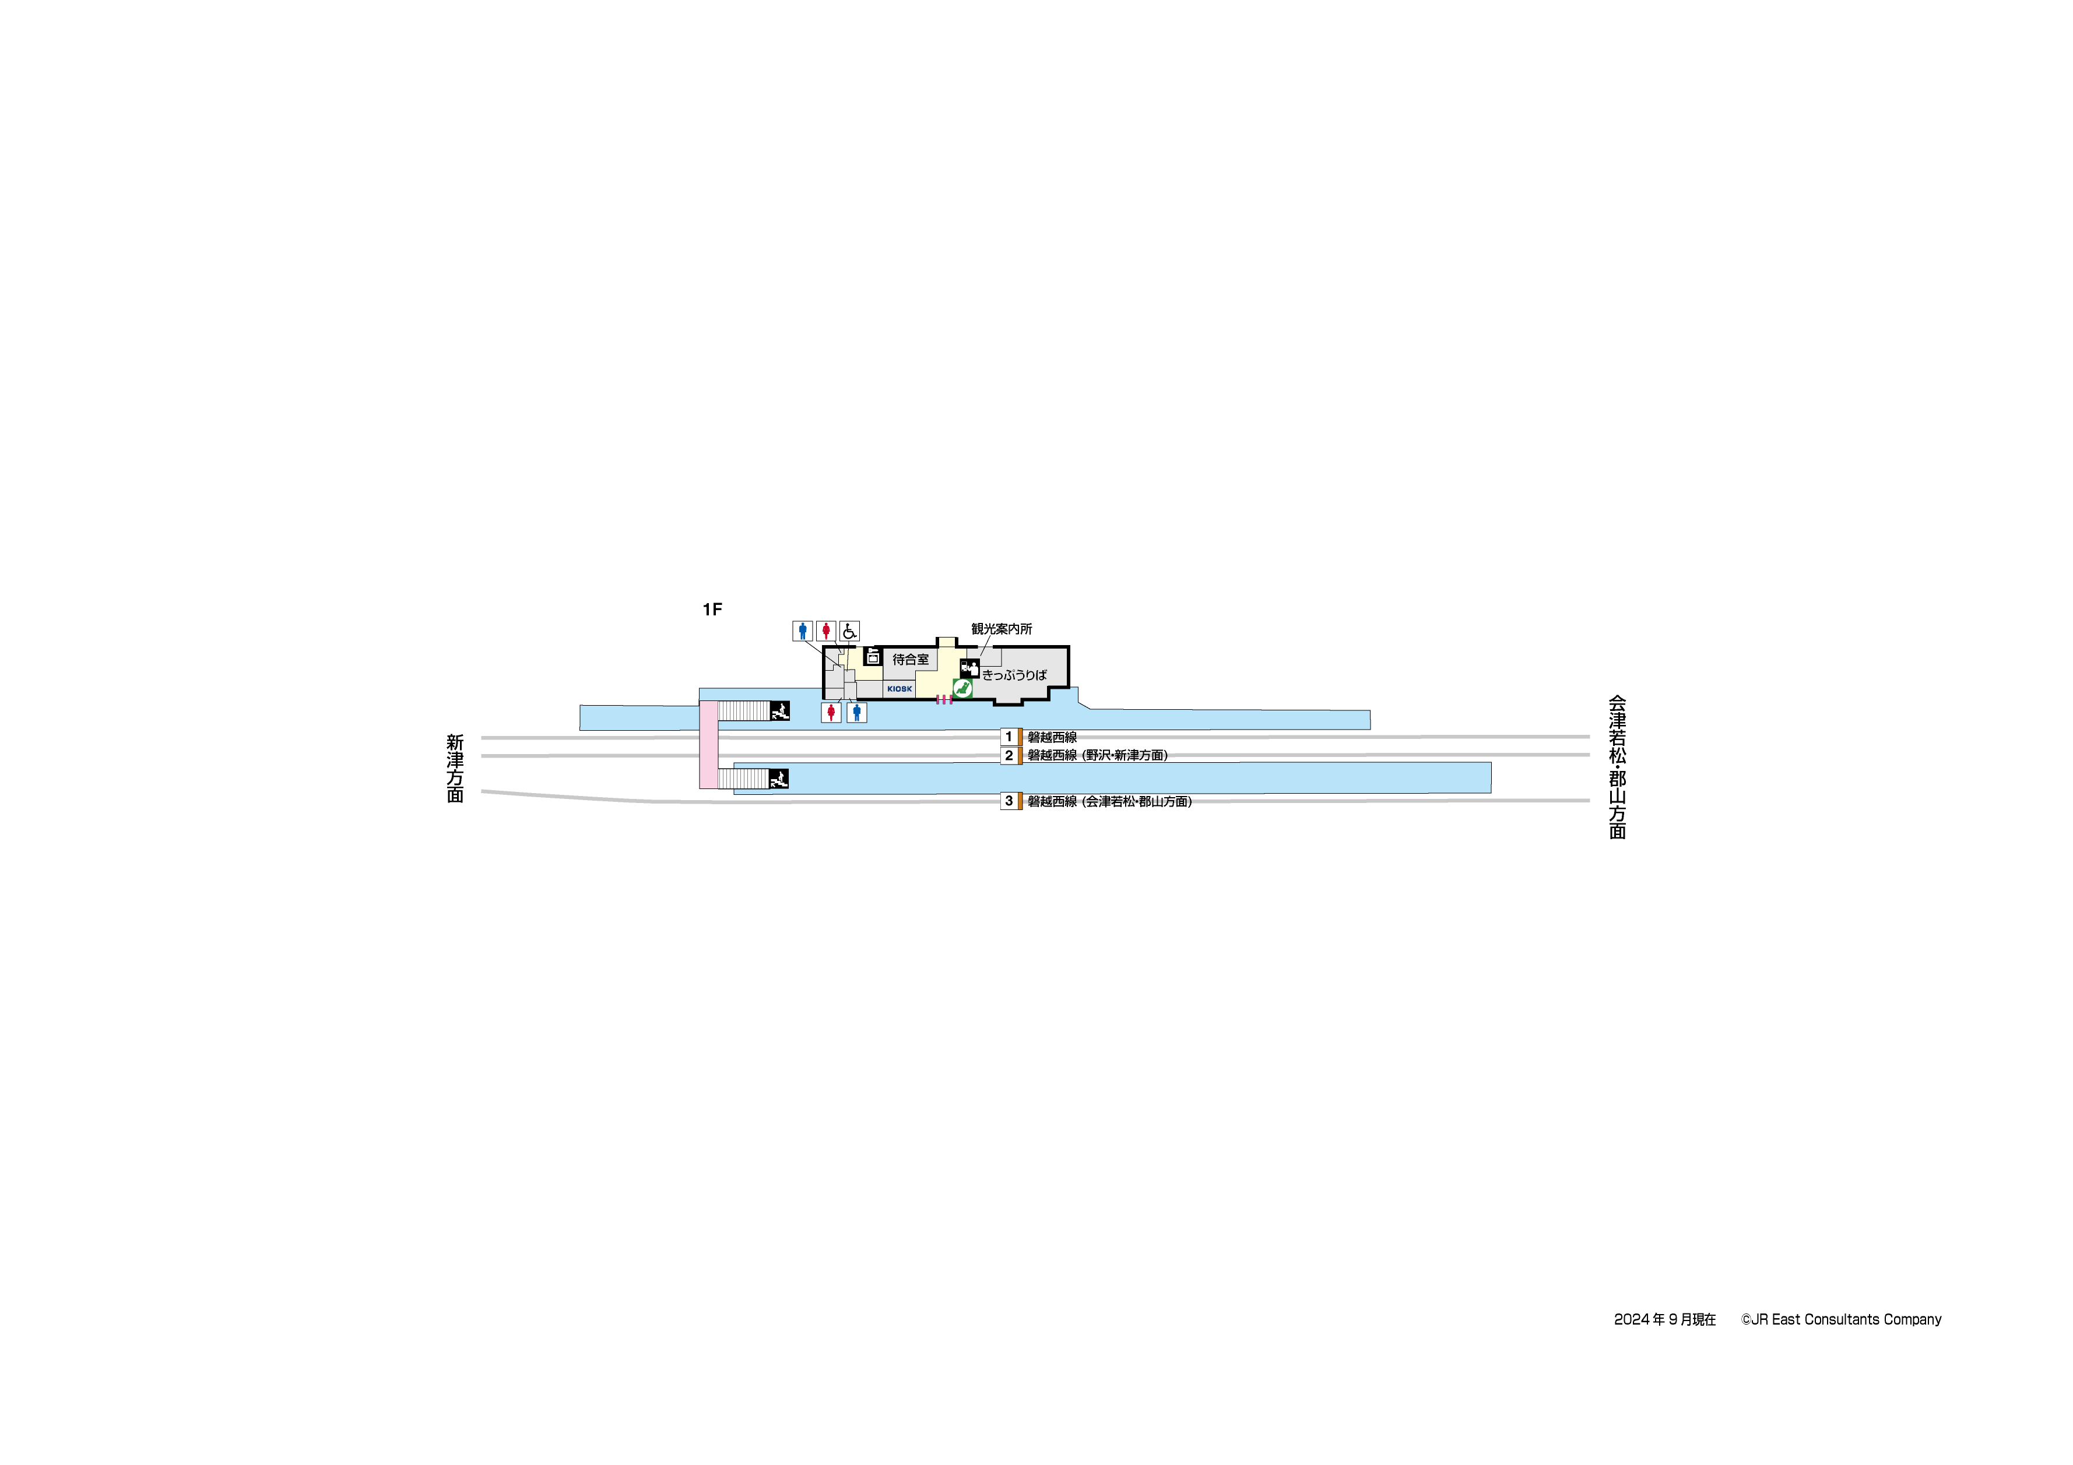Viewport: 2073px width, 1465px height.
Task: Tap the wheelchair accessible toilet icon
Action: [x=849, y=631]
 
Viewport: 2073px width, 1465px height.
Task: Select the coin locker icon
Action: [x=872, y=656]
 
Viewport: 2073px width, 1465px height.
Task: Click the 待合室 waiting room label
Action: [x=910, y=660]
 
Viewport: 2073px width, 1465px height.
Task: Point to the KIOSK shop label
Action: [x=900, y=689]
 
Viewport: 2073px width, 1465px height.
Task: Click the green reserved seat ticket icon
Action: [x=962, y=689]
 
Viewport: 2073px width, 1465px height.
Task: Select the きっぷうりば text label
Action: [x=1014, y=674]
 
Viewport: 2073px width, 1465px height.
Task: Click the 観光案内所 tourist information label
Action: [x=1002, y=629]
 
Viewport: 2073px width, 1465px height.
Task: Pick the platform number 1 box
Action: [x=1010, y=737]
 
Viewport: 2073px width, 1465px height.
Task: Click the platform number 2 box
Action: [x=1010, y=755]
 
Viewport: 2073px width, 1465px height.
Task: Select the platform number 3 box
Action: [x=1010, y=801]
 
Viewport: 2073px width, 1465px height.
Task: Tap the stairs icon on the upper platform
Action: [x=779, y=710]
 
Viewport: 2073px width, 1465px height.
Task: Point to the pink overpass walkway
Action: [x=709, y=745]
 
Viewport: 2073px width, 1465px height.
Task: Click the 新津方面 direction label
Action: [x=455, y=768]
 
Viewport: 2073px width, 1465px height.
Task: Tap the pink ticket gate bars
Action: [x=943, y=699]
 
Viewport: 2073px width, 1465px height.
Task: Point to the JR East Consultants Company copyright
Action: [x=1841, y=1320]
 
